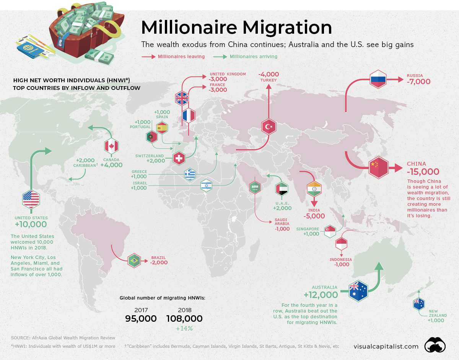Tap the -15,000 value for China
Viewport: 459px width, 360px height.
click(423, 172)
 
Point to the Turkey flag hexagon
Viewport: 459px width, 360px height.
click(269, 127)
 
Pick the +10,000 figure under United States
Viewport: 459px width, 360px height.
click(31, 225)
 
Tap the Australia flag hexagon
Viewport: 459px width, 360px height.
click(358, 291)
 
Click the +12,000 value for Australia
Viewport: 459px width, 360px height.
click(321, 295)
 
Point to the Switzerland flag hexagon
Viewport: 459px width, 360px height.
click(179, 158)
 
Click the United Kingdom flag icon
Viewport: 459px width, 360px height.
click(182, 98)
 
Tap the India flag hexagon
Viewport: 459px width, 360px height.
click(314, 190)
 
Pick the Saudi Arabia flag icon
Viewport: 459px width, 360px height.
click(255, 187)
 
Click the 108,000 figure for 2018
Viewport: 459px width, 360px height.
click(184, 318)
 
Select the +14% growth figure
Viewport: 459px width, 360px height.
click(184, 328)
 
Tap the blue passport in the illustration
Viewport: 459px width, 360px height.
click(29, 49)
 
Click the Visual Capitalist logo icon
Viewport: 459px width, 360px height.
click(436, 345)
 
